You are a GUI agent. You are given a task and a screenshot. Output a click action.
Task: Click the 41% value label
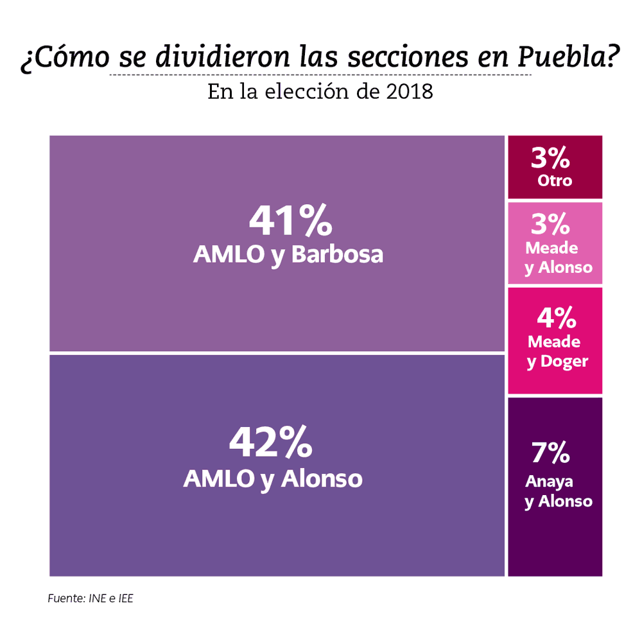tap(290, 221)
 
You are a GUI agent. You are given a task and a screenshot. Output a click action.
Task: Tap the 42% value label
tap(271, 443)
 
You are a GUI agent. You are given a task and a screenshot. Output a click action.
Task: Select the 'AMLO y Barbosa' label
tap(288, 254)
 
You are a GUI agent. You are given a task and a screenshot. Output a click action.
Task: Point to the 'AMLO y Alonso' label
tap(273, 478)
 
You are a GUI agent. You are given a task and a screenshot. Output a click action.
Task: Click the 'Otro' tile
tap(555, 167)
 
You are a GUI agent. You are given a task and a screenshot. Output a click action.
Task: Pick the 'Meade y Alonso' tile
tap(555, 243)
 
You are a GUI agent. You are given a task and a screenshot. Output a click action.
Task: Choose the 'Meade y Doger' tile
tap(555, 340)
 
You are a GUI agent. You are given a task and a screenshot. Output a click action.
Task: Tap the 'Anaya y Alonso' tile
tap(555, 486)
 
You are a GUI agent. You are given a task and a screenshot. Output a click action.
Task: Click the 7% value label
tap(550, 453)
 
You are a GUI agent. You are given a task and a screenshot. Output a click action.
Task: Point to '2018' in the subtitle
tap(410, 92)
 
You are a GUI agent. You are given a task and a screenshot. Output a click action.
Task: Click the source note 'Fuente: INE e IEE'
tap(91, 598)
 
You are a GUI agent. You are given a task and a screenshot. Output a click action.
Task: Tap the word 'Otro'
tap(555, 180)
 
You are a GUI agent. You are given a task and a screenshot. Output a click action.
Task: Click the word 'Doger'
tap(564, 362)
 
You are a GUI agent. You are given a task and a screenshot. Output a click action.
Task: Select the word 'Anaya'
tap(549, 482)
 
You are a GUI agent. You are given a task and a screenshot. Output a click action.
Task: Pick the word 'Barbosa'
tap(337, 254)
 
